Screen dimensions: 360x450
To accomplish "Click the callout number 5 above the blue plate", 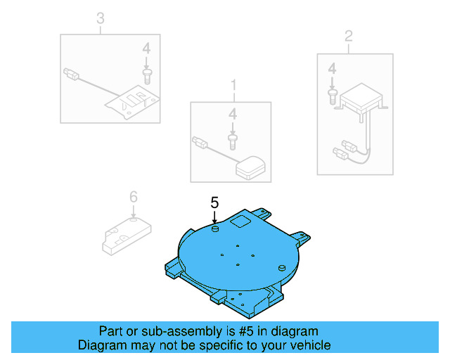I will pyautogui.click(x=215, y=202).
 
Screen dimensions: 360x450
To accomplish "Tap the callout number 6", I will pyautogui.click(x=133, y=196).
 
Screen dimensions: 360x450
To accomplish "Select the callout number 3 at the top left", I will pyautogui.click(x=100, y=18).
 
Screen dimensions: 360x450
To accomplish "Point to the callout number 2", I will pyautogui.click(x=347, y=36).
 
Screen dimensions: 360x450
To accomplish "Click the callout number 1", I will pyautogui.click(x=233, y=86).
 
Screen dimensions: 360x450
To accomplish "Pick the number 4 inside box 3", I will pyautogui.click(x=146, y=49).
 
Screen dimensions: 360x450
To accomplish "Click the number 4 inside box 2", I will pyautogui.click(x=333, y=68).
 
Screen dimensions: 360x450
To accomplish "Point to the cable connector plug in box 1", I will pyautogui.click(x=199, y=143).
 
